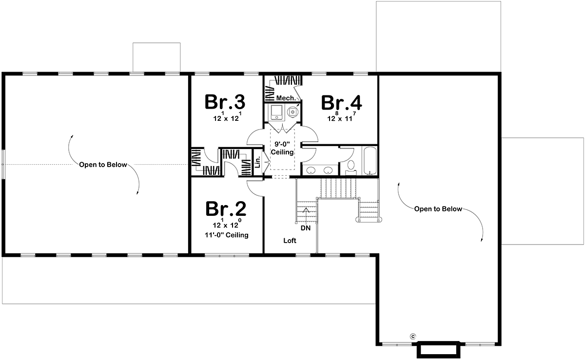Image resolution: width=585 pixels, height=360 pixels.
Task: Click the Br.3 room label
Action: (225, 102)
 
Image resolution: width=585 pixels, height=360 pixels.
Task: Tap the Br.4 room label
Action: (341, 103)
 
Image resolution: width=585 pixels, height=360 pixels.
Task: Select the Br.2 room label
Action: (226, 209)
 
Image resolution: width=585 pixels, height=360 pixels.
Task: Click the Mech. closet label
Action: (286, 98)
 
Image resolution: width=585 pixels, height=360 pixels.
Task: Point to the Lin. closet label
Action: (258, 162)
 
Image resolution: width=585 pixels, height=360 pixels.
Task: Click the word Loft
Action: (290, 241)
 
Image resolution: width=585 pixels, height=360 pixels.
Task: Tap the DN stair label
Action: (306, 228)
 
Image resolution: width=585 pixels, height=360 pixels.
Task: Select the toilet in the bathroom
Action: (351, 168)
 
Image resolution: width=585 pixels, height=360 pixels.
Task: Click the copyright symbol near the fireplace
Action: (413, 337)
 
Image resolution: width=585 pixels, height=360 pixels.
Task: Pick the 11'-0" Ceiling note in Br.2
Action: (226, 235)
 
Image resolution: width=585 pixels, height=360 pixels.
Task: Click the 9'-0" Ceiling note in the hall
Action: (282, 148)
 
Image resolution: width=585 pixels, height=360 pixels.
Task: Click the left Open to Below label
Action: (103, 165)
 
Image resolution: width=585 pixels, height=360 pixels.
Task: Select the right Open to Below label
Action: (438, 209)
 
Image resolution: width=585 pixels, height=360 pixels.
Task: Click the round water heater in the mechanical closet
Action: (292, 112)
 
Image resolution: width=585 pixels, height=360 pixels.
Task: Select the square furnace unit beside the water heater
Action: (276, 112)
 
